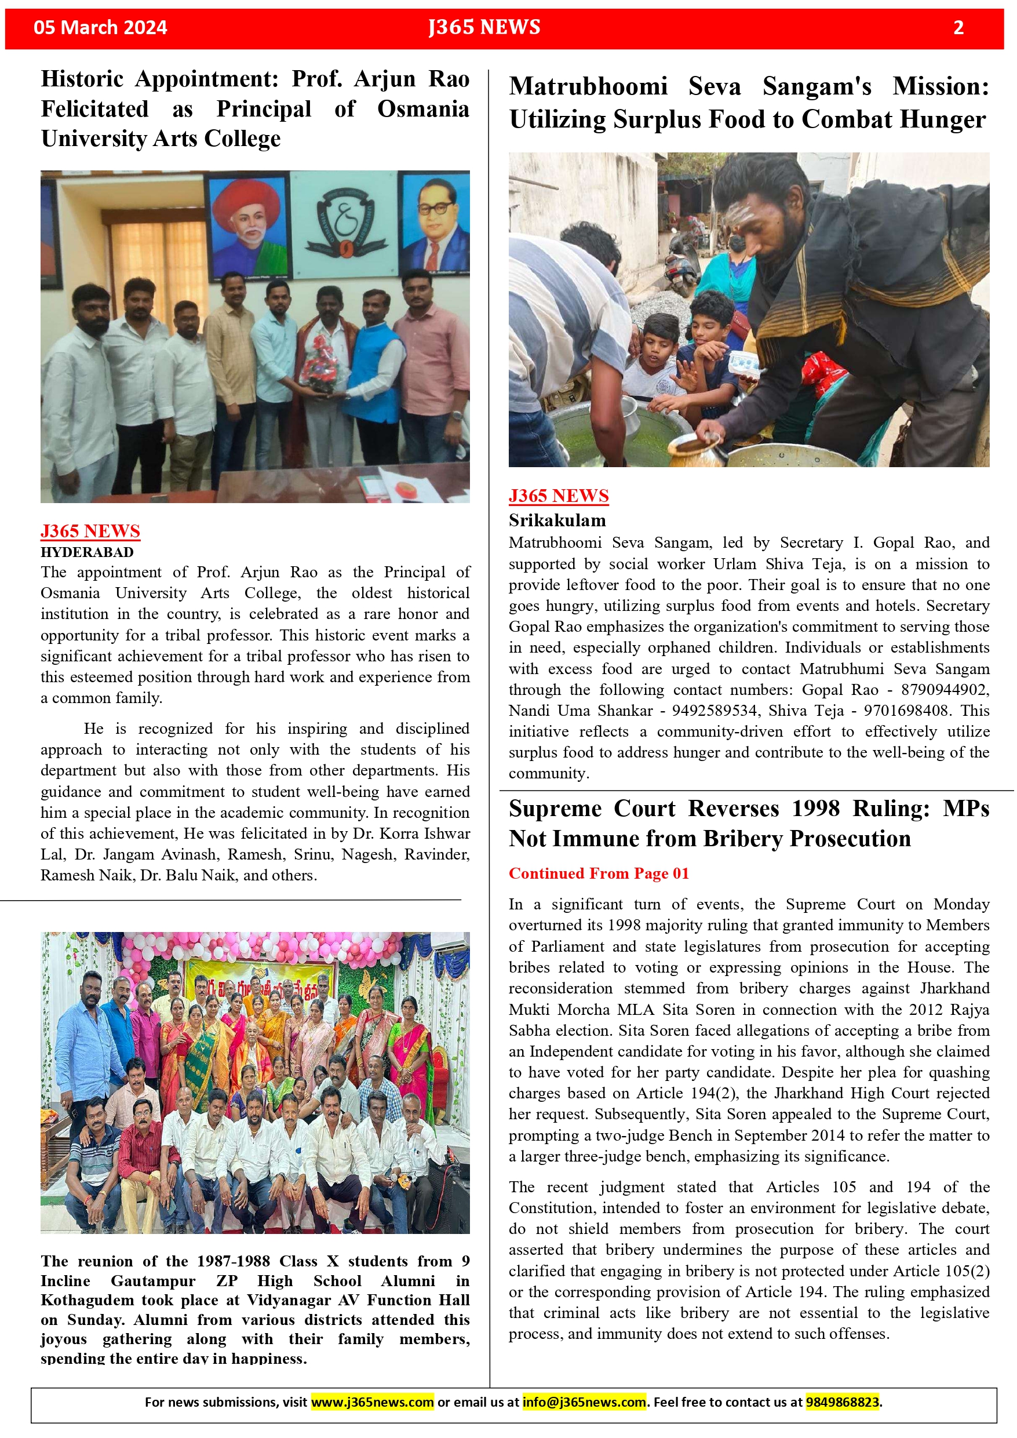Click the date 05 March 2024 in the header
click(100, 28)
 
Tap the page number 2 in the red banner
click(957, 28)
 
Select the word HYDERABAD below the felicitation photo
click(87, 552)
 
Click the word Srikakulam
click(557, 520)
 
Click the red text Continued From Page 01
click(598, 873)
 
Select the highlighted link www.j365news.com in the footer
click(372, 1401)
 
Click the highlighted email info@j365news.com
click(584, 1401)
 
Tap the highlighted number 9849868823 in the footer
click(842, 1401)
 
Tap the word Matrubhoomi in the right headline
click(588, 86)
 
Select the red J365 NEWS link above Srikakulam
click(558, 496)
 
